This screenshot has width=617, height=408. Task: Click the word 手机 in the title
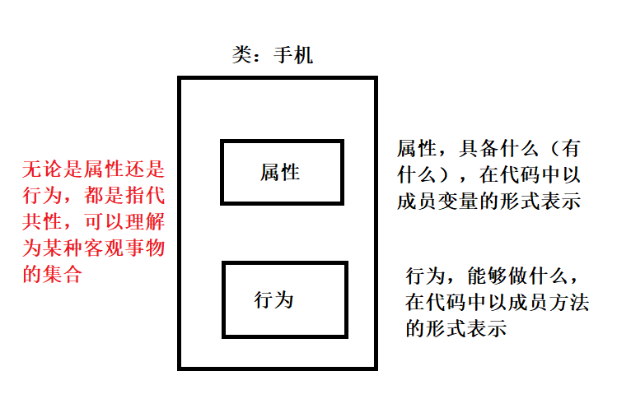[293, 56]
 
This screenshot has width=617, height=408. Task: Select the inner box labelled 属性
[282, 172]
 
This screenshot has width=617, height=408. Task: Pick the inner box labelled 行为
[285, 299]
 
